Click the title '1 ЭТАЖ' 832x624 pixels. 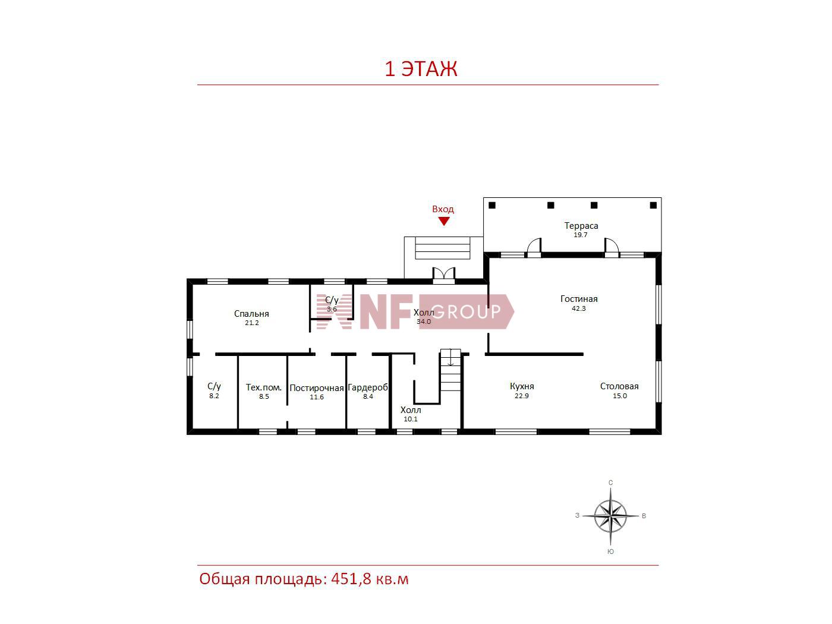pyautogui.click(x=421, y=70)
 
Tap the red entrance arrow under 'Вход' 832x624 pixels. pyautogui.click(x=443, y=221)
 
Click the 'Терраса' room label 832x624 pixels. pyautogui.click(x=581, y=226)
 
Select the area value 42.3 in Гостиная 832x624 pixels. pyautogui.click(x=579, y=308)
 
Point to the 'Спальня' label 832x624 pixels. pyautogui.click(x=251, y=314)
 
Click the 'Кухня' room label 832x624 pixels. pyautogui.click(x=522, y=386)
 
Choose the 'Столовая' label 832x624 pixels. pyautogui.click(x=619, y=386)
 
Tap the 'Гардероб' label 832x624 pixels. pyautogui.click(x=368, y=387)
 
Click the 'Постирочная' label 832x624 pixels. pyautogui.click(x=317, y=388)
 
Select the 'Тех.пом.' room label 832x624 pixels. pyautogui.click(x=264, y=387)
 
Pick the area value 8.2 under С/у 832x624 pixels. pyautogui.click(x=214, y=396)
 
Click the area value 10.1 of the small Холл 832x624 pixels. pyautogui.click(x=411, y=419)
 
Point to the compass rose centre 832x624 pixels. pyautogui.click(x=610, y=516)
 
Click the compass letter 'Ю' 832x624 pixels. pyautogui.click(x=610, y=551)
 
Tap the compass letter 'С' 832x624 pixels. pyautogui.click(x=610, y=483)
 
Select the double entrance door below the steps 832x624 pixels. pyautogui.click(x=444, y=275)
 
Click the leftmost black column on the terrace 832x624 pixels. pyautogui.click(x=492, y=206)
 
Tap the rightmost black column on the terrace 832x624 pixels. pyautogui.click(x=653, y=206)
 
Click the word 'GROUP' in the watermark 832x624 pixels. pyautogui.click(x=467, y=312)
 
